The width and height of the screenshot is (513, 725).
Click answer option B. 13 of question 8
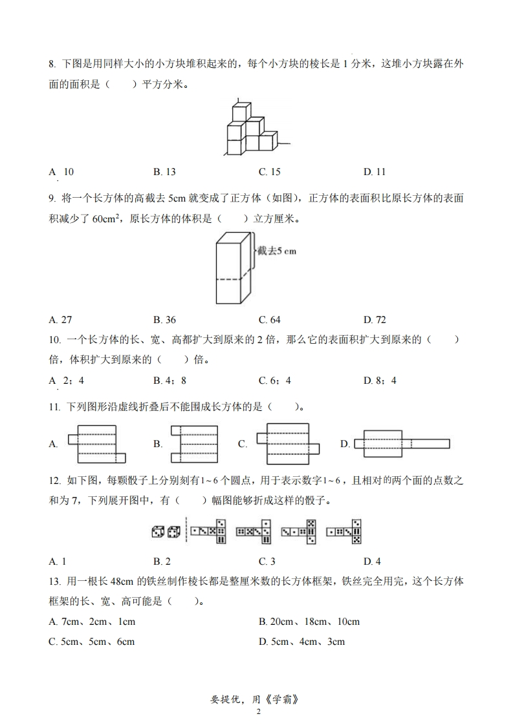tap(164, 172)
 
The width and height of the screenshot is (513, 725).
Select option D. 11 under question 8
tap(375, 172)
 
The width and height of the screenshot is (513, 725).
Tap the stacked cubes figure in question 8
tap(252, 129)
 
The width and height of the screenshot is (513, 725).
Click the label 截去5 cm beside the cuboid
tap(276, 251)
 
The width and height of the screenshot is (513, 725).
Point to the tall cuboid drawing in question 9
tap(232, 269)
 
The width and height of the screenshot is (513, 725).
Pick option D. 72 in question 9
tap(375, 320)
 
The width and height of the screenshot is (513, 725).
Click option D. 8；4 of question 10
tap(380, 381)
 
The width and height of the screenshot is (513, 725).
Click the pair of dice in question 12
tap(166, 532)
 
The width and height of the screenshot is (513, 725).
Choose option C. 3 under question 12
tap(267, 562)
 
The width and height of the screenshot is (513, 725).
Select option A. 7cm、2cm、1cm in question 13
tap(92, 622)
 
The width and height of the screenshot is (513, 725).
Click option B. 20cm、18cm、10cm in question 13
tap(309, 622)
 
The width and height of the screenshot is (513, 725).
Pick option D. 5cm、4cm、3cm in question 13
tap(301, 642)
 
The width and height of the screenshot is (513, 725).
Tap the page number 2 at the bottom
tap(258, 712)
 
